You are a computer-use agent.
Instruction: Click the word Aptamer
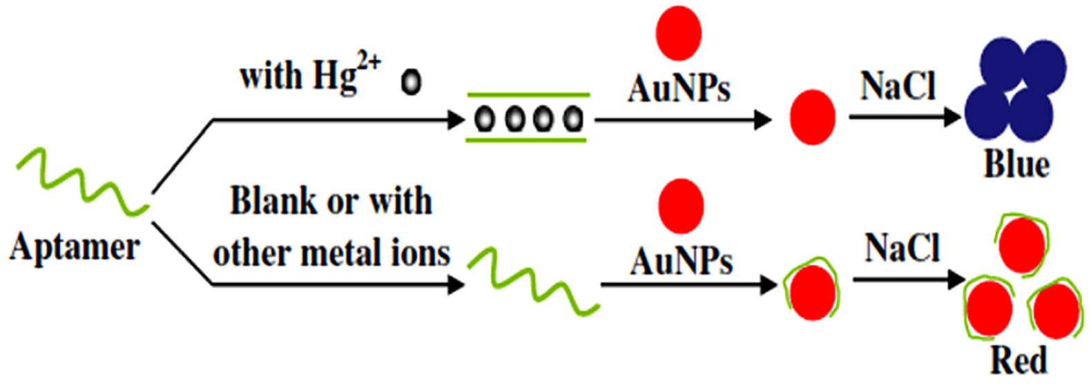pos(75,247)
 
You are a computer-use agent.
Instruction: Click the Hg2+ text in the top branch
pos(346,74)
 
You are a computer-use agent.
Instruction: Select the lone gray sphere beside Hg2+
pos(411,82)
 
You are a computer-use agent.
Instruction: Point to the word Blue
pos(1016,165)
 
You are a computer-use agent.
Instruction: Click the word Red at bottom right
pos(1018,360)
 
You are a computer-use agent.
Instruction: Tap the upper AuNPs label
pos(679,88)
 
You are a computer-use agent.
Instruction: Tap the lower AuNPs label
pos(681,262)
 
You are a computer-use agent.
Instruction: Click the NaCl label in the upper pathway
pos(898,87)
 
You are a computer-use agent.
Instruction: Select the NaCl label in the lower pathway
pos(902,248)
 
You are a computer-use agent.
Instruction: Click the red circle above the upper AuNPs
pos(679,33)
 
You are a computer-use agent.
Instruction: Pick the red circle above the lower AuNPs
pos(681,206)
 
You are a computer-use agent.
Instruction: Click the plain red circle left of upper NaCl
pos(812,117)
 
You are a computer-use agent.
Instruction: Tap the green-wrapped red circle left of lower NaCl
pos(811,292)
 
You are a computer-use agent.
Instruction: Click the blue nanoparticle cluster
pos(1015,90)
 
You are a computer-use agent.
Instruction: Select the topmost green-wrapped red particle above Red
pos(1021,245)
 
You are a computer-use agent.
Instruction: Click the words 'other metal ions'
pos(331,253)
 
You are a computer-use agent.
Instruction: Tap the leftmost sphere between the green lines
pos(484,119)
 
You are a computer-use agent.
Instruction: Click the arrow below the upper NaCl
pos(905,117)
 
